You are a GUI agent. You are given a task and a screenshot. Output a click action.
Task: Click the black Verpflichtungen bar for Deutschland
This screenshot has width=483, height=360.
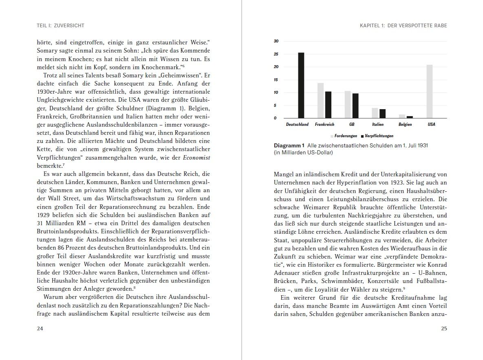(x=301, y=86)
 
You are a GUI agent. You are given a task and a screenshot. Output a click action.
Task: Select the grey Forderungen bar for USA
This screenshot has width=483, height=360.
(x=430, y=92)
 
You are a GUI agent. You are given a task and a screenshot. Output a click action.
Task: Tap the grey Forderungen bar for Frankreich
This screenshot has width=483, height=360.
(x=320, y=101)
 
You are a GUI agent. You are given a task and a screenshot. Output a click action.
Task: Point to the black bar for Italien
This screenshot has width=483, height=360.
(x=382, y=114)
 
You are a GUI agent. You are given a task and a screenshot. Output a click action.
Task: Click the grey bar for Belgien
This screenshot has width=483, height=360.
(x=402, y=116)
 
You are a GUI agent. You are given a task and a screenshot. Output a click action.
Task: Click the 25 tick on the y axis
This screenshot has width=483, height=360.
(x=276, y=54)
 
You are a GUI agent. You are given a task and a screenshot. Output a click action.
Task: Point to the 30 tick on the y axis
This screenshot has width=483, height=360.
(x=276, y=41)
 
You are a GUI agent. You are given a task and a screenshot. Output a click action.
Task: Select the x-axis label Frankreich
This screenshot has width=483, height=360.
(x=324, y=125)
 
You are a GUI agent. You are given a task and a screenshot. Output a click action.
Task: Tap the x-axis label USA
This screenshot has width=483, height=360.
(x=431, y=125)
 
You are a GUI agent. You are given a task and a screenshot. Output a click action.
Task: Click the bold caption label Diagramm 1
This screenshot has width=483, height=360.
(x=289, y=146)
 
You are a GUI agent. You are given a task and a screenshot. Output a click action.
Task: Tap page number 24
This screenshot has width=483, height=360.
(x=40, y=329)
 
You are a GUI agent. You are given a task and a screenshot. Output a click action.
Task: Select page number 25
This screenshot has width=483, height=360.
(x=444, y=329)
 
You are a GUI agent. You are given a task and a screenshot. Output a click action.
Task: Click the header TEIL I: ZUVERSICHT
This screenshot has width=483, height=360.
(x=60, y=26)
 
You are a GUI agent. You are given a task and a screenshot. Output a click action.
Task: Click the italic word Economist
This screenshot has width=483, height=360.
(x=197, y=158)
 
